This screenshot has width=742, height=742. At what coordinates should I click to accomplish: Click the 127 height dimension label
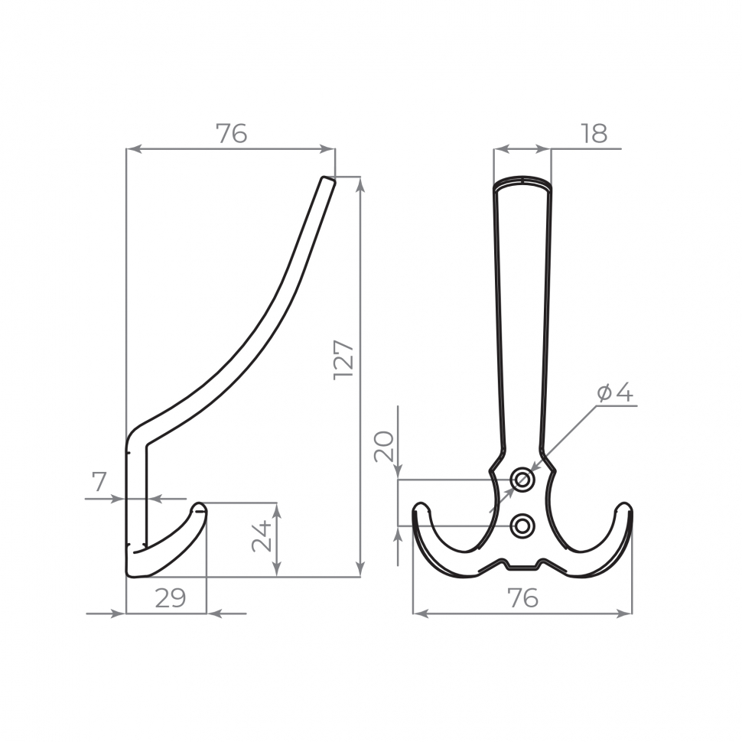click(343, 360)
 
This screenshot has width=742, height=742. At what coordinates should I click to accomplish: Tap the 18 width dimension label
click(594, 133)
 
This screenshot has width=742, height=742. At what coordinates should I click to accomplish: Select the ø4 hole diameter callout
click(615, 392)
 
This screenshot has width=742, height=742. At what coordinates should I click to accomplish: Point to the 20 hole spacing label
click(384, 446)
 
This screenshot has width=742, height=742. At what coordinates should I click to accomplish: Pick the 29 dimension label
click(171, 599)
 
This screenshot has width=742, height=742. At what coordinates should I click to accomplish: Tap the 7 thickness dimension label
click(99, 482)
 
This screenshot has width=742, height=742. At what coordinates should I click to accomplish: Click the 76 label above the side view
click(232, 133)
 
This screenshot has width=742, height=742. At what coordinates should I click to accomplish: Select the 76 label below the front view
click(522, 598)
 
